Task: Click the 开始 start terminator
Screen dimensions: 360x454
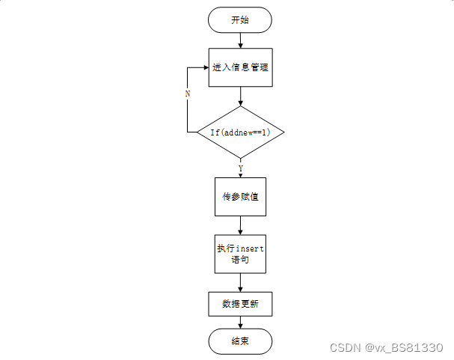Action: click(x=239, y=20)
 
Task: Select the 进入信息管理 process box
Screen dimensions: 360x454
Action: click(x=239, y=67)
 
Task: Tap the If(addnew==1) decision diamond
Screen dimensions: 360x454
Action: click(x=240, y=132)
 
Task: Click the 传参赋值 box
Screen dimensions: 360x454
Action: click(x=240, y=197)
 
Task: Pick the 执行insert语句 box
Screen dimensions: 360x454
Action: click(x=240, y=254)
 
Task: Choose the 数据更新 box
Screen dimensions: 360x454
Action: click(x=240, y=304)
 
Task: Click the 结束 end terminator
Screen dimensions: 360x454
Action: click(x=240, y=341)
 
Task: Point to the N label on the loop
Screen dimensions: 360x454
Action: click(x=187, y=94)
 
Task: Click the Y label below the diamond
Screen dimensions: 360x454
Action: click(x=240, y=168)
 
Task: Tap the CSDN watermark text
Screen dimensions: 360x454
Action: click(x=345, y=348)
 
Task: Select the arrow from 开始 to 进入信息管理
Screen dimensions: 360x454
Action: click(x=239, y=40)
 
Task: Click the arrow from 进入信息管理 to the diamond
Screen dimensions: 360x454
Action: click(x=240, y=96)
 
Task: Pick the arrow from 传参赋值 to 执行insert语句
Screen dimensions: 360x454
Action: click(x=240, y=225)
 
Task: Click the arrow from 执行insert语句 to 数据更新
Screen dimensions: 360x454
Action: click(x=240, y=282)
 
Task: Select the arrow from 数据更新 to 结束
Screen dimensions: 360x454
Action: click(x=240, y=322)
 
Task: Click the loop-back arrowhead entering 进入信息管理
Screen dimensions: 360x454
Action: click(x=205, y=67)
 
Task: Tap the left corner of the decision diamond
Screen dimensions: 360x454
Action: click(x=197, y=132)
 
